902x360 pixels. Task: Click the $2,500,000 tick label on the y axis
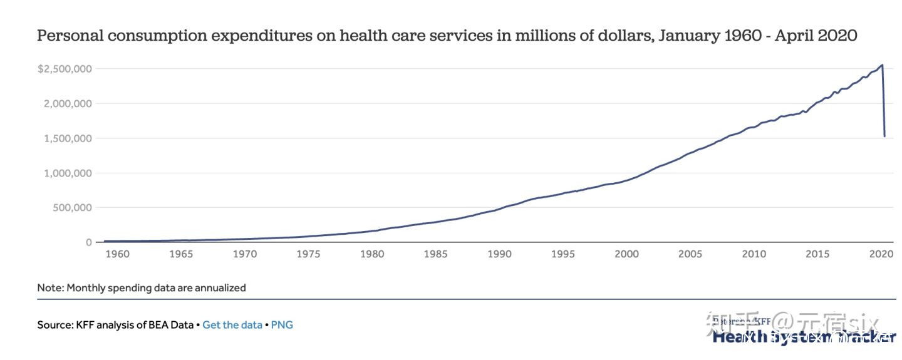tap(65, 69)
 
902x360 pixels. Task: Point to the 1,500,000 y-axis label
tap(68, 138)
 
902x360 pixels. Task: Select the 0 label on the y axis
tap(89, 242)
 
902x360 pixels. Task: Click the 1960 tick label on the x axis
tap(117, 254)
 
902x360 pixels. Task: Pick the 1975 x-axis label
tap(308, 254)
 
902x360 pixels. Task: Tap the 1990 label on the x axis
tap(499, 254)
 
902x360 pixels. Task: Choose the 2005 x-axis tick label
tap(690, 254)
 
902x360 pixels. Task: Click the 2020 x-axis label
tap(881, 254)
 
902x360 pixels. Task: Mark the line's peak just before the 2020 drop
tap(882, 64)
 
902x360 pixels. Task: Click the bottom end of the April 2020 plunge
tap(884, 136)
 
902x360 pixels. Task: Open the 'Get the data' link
tap(232, 325)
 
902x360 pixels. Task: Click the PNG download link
tap(282, 325)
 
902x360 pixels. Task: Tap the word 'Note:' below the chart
tap(50, 288)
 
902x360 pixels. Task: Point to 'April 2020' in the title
tap(816, 36)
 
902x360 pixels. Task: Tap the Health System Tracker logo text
tap(804, 337)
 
